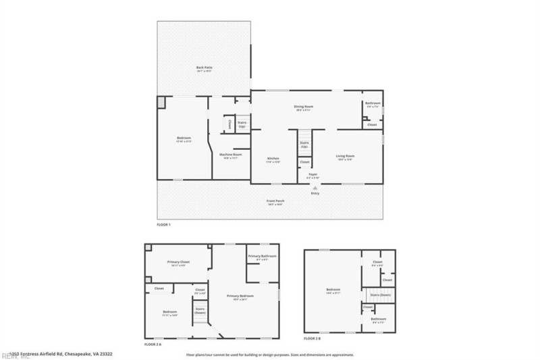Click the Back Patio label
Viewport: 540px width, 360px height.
204,68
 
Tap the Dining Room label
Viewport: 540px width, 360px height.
304,106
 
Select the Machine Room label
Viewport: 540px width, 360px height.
231,155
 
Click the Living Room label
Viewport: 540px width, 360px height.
346,156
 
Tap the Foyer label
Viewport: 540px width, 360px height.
313,175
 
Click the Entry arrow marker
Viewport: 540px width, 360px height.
315,188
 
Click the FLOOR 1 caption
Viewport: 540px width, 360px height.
164,224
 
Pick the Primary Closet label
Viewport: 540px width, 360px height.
178,262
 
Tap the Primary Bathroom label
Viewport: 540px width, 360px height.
262,257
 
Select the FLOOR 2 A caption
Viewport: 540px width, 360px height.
154,344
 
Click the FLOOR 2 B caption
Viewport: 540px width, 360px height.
313,338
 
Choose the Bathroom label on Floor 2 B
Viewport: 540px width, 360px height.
378,319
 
